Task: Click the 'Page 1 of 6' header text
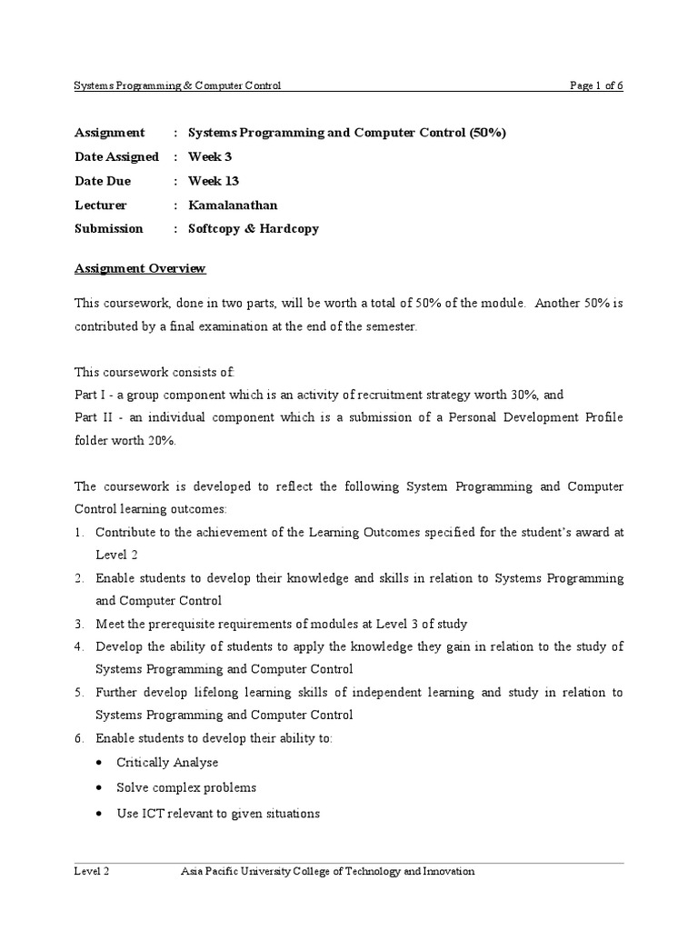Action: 596,85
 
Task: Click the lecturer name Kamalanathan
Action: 233,205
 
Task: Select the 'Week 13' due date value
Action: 214,181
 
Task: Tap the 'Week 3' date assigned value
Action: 210,156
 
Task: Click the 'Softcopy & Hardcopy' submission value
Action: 254,228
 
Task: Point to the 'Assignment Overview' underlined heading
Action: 140,268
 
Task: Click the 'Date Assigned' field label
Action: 116,156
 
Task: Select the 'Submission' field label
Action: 108,228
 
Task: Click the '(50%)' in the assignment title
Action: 488,133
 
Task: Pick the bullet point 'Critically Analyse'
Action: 167,763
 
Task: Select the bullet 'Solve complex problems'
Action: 186,787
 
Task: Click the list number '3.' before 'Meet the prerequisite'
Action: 79,624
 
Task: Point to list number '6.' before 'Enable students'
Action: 79,738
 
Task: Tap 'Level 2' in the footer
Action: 92,871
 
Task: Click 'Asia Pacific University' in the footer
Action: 240,871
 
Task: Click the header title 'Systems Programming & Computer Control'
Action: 177,85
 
